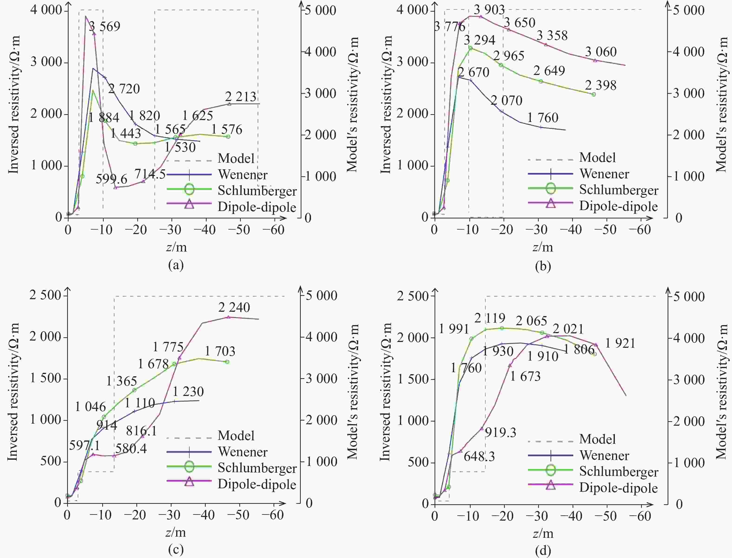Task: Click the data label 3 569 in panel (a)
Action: click(105, 27)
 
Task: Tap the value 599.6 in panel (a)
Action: click(112, 179)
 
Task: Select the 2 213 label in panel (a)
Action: click(241, 97)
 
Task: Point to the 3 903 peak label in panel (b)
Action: click(489, 10)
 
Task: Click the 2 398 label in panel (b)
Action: click(601, 85)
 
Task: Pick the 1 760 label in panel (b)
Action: click(543, 118)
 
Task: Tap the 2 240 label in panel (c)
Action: click(234, 307)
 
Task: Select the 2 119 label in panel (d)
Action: click(490, 318)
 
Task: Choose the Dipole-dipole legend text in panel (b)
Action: click(619, 206)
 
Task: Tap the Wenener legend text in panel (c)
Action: click(243, 452)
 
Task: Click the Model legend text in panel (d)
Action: click(597, 439)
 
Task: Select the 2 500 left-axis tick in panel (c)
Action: click(46, 295)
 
